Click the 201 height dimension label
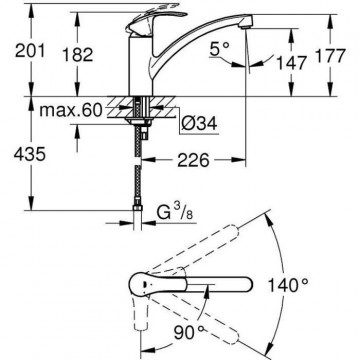[x=30, y=52]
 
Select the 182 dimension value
[x=77, y=55]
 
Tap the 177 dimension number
[x=330, y=56]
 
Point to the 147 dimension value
[x=291, y=63]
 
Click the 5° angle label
[x=220, y=50]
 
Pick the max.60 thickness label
[x=70, y=110]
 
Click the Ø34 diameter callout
[x=199, y=123]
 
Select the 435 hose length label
[x=30, y=154]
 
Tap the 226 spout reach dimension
[x=194, y=160]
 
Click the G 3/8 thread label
[x=175, y=213]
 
